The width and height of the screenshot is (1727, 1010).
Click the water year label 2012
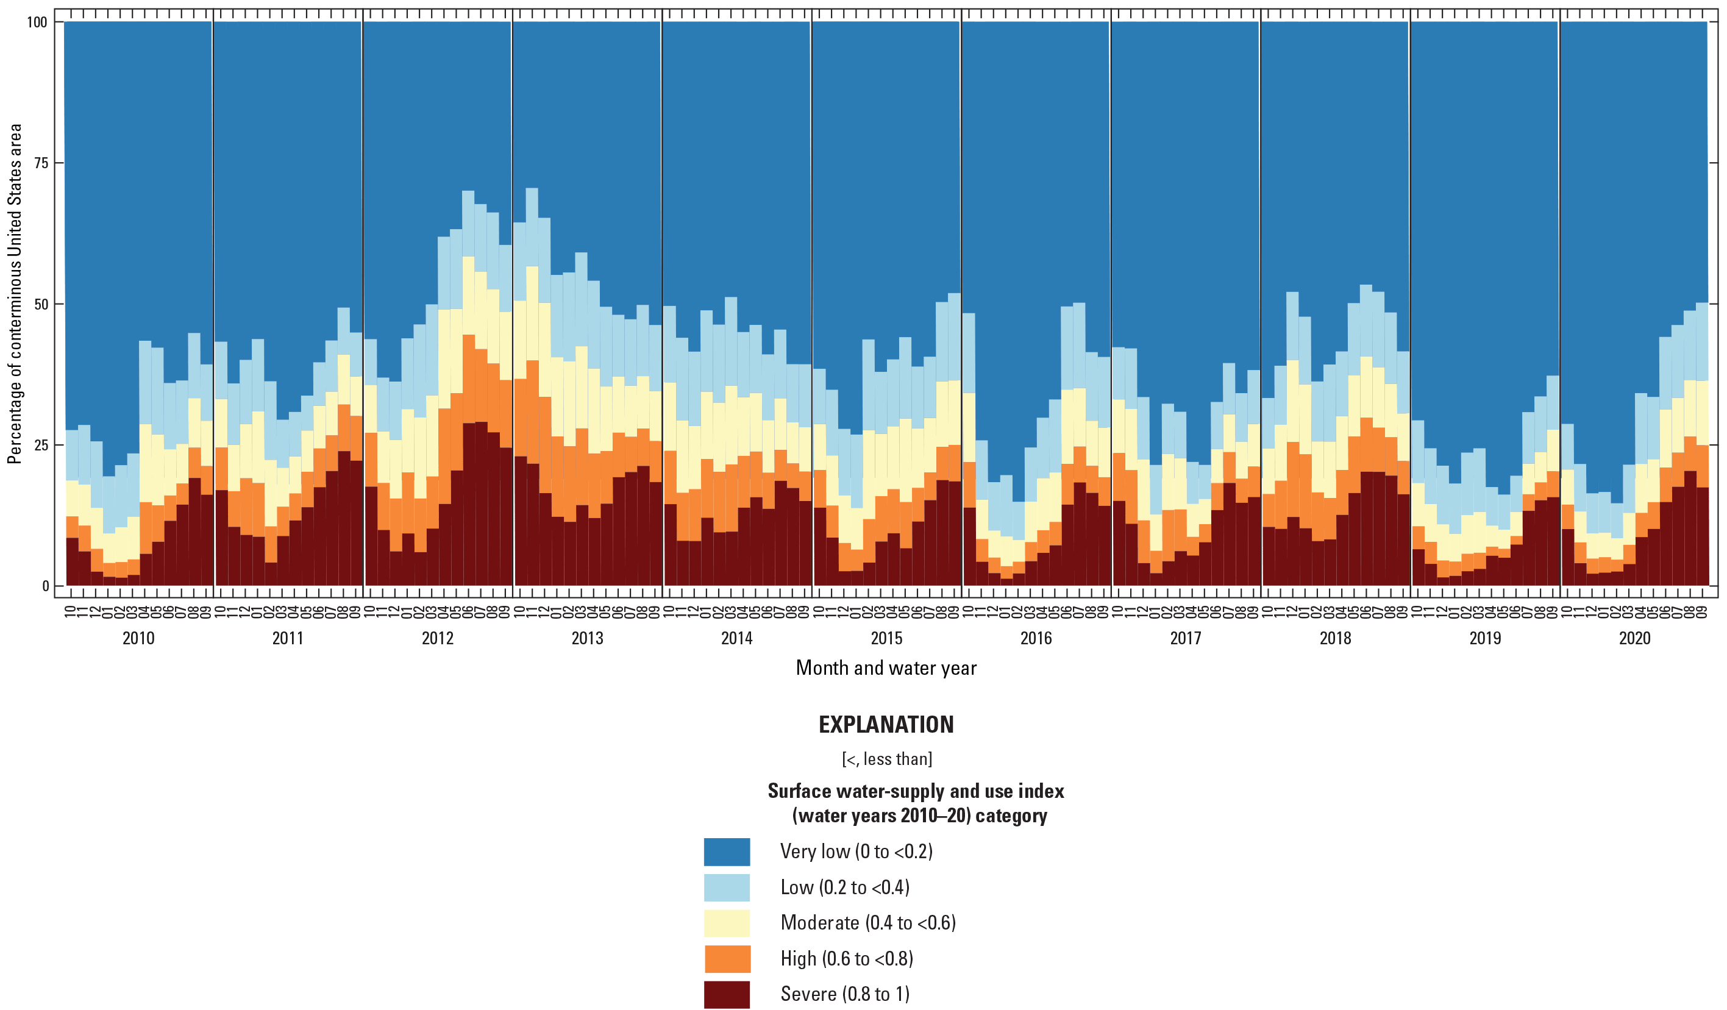click(x=437, y=639)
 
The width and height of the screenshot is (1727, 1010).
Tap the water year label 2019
click(x=1484, y=639)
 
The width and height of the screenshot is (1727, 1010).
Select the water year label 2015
click(x=886, y=639)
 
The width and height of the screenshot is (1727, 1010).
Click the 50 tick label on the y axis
click(x=41, y=304)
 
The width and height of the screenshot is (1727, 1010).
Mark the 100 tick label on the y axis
click(x=37, y=23)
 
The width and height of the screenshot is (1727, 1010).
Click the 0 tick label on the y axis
click(x=45, y=586)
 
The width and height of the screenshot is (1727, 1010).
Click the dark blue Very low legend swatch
click(x=727, y=852)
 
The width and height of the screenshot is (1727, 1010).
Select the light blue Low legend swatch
click(x=727, y=887)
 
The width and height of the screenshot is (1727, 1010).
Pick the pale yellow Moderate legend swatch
click(x=727, y=923)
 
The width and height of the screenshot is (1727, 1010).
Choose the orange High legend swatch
click(x=727, y=959)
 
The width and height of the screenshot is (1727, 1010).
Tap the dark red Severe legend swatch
click(x=727, y=994)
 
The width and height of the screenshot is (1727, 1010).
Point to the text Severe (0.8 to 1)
click(x=844, y=994)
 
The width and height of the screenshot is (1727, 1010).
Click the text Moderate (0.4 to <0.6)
click(x=867, y=923)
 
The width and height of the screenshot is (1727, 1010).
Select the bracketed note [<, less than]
click(x=886, y=759)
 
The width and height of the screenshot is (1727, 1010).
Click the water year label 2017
click(x=1185, y=639)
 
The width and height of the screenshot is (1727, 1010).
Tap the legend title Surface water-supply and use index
click(x=916, y=791)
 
